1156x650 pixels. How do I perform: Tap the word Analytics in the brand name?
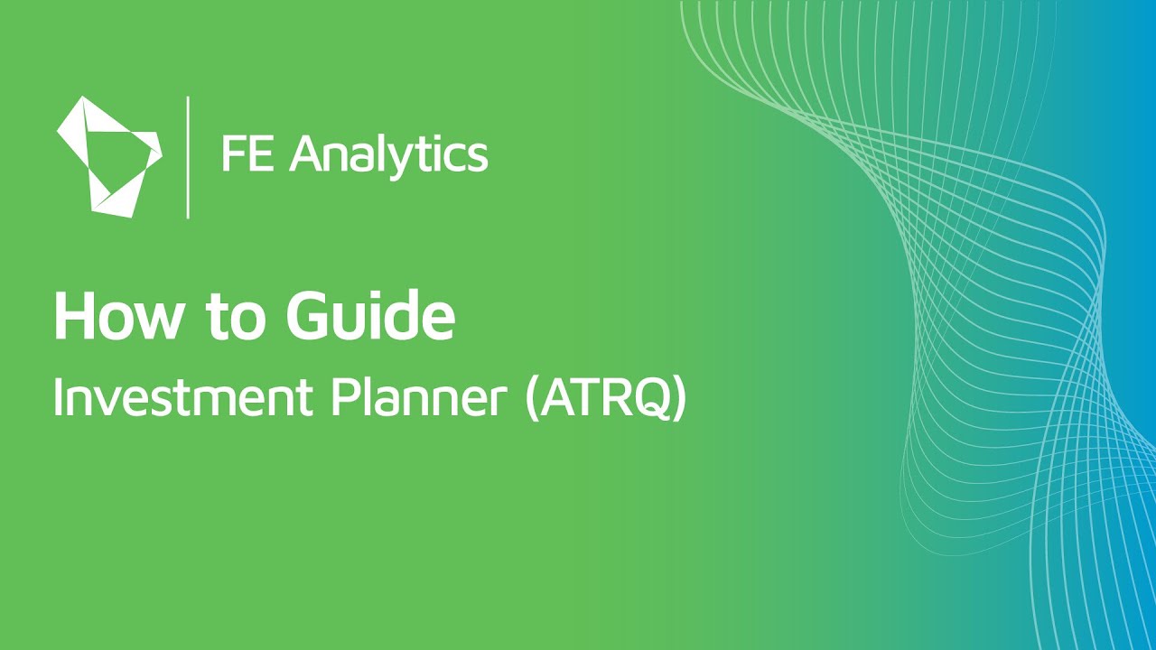coord(389,155)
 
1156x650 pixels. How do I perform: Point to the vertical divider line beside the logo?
coord(188,156)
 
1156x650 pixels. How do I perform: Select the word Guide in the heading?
coord(370,317)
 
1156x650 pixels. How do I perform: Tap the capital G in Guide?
coord(309,317)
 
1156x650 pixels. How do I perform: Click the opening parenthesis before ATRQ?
coord(531,400)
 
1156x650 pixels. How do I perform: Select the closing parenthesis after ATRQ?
coord(678,400)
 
